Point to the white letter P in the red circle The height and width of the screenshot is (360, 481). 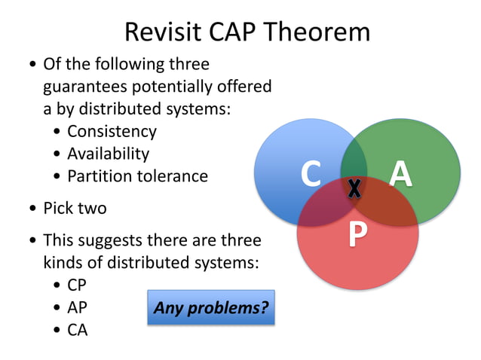[357, 234]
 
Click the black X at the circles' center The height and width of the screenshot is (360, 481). [354, 188]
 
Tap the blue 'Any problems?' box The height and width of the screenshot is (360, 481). [210, 307]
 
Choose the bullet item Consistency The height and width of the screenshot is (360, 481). [112, 131]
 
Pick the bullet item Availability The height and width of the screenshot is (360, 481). [108, 154]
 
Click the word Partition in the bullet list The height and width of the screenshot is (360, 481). [99, 176]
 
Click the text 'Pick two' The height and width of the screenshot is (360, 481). [75, 208]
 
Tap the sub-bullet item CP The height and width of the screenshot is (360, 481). [78, 285]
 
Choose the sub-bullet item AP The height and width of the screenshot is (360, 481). [78, 307]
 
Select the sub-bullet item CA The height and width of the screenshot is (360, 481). [78, 329]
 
